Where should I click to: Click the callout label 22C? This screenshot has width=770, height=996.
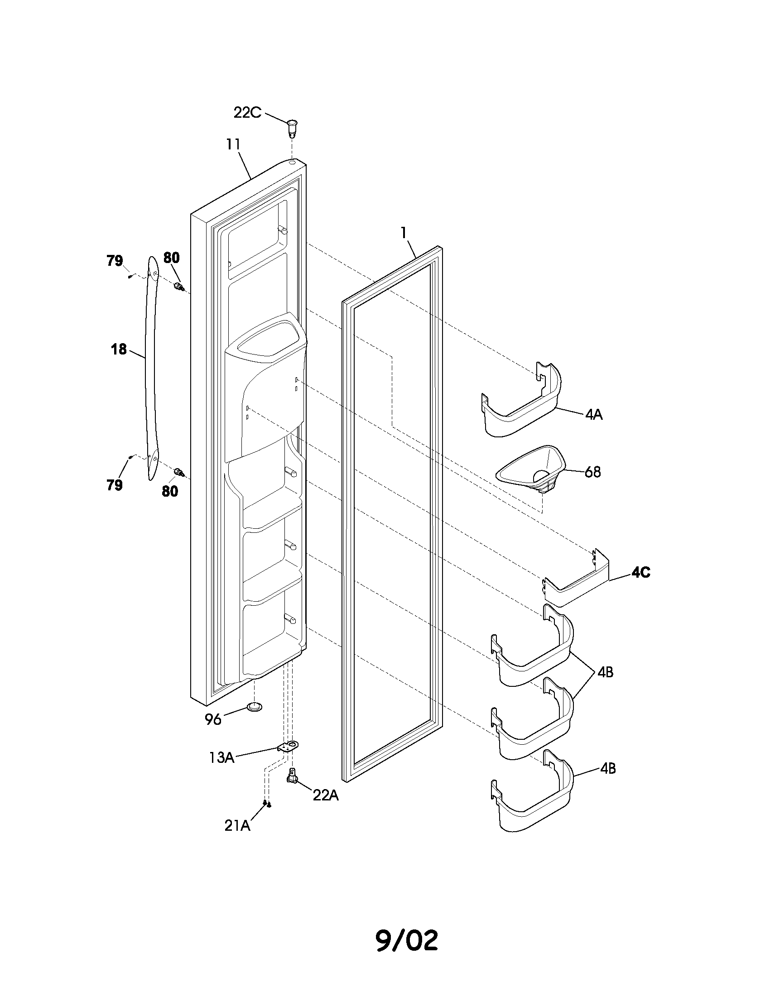(x=247, y=112)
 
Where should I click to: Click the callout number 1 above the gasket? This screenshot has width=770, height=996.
(x=403, y=233)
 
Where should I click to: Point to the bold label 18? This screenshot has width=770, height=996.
(x=119, y=350)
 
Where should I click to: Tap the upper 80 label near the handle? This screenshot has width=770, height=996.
(x=172, y=258)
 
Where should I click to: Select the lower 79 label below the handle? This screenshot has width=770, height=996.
(x=115, y=485)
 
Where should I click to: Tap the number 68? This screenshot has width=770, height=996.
(x=592, y=472)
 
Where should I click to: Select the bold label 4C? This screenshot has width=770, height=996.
(x=640, y=572)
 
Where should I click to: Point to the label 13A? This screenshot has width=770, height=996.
(x=221, y=758)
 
